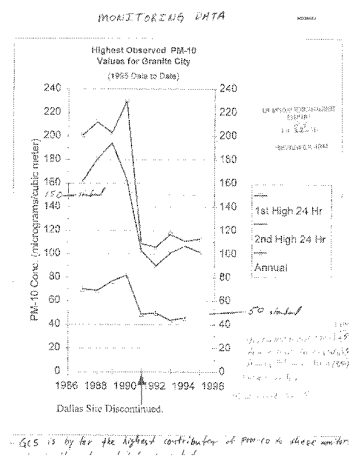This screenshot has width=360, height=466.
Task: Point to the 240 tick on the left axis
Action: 52,89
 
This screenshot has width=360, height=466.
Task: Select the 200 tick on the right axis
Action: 227,135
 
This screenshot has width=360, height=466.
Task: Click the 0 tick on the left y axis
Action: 57,370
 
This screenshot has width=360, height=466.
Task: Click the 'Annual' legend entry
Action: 271,267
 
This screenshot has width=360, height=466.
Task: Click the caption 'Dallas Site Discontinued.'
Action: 109,408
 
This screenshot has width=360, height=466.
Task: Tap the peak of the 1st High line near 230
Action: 126,101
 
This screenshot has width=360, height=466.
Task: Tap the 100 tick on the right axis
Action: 227,253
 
